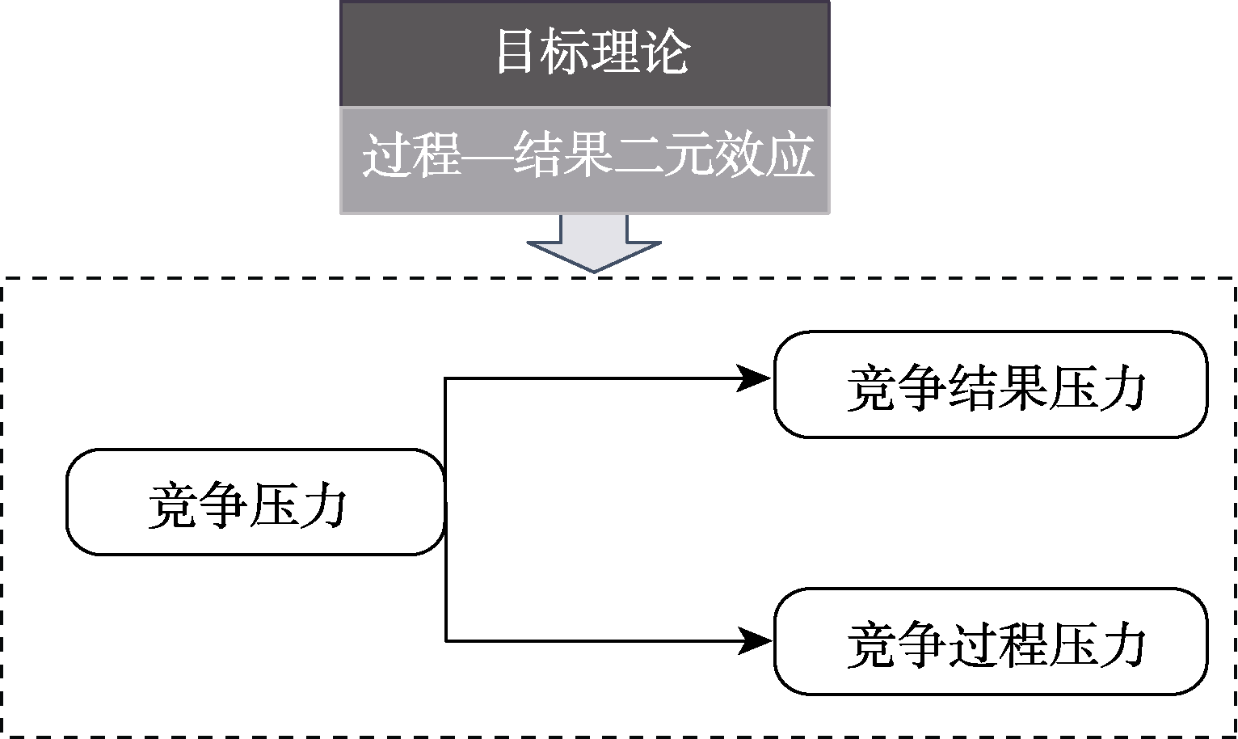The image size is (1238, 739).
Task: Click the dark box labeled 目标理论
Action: click(x=584, y=53)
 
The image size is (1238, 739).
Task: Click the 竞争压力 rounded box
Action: click(x=255, y=502)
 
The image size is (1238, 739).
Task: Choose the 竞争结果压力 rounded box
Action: click(x=991, y=385)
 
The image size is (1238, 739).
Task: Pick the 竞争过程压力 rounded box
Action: click(x=991, y=641)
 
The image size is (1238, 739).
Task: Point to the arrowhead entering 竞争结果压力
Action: click(x=755, y=378)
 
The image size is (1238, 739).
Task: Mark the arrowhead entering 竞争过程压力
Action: click(x=755, y=641)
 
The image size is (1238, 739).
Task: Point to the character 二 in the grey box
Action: click(x=638, y=156)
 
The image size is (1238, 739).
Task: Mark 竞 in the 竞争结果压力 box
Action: click(x=870, y=389)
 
